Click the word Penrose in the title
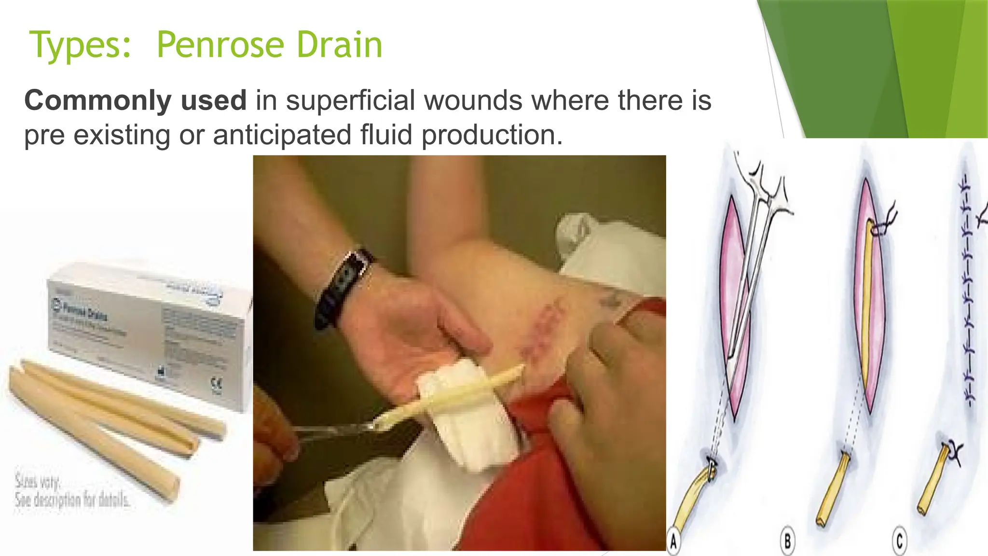(221, 45)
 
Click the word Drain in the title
(339, 45)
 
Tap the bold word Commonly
(96, 101)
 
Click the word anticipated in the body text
(282, 135)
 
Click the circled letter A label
(674, 542)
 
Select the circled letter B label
(787, 542)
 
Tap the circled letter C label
(899, 541)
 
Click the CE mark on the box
(217, 384)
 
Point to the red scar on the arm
(545, 328)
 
